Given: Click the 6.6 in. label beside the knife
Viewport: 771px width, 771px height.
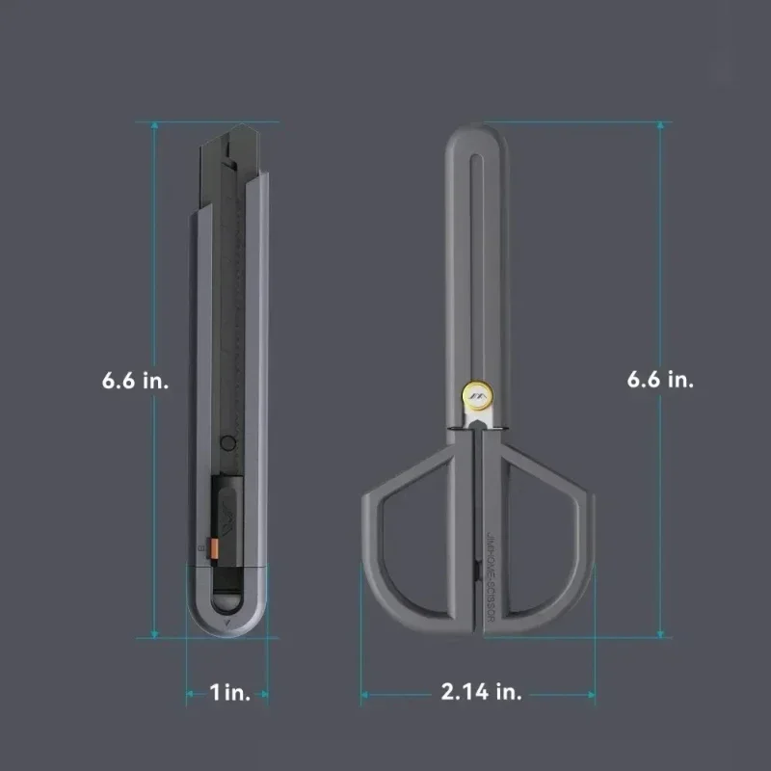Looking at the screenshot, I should pos(135,380).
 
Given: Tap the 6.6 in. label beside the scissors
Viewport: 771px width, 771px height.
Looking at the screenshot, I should pos(660,380).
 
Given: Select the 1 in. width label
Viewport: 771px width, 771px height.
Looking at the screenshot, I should pos(229,693).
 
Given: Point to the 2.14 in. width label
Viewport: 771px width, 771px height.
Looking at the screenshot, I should pos(482,693).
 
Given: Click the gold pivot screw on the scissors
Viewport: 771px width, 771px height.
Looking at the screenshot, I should pos(478,392).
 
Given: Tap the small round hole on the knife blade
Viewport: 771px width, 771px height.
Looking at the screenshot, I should pos(227,444).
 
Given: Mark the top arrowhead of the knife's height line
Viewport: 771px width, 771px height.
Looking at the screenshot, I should pos(154,124).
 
